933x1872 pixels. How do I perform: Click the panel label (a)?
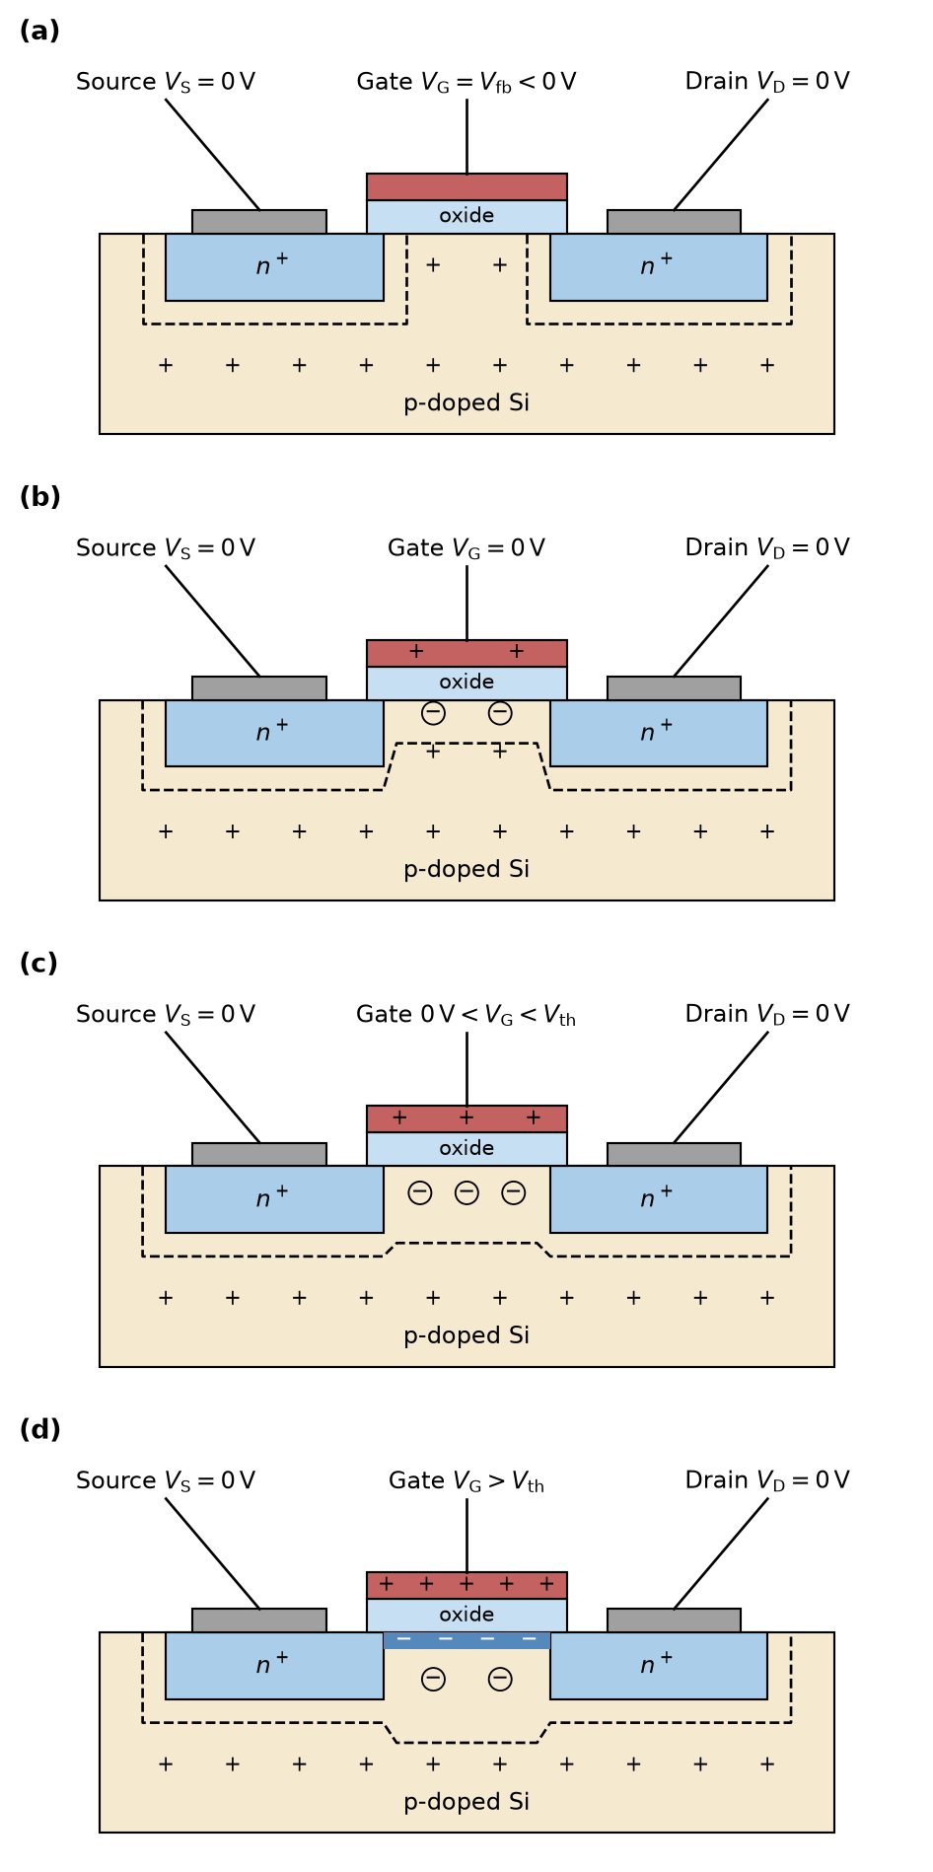(39, 32)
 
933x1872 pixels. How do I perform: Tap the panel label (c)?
(38, 964)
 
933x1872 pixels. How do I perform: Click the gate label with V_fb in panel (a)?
(466, 82)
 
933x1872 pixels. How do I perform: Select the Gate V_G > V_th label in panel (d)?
(466, 1481)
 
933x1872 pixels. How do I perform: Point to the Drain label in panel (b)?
(767, 548)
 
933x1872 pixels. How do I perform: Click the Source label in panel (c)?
(166, 1015)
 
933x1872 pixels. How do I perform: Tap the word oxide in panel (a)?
(466, 216)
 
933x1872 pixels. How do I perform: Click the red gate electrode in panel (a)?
(466, 187)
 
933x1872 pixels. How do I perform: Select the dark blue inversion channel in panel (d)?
(466, 1640)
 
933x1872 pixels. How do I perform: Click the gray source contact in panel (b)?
(259, 688)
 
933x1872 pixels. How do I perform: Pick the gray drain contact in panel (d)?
(674, 1620)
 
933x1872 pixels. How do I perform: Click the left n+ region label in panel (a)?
(272, 265)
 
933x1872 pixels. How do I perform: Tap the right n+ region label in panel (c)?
(657, 1197)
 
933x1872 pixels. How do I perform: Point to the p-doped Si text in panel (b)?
(466, 870)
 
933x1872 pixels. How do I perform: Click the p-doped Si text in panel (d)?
(466, 1803)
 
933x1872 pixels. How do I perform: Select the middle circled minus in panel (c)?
(466, 1192)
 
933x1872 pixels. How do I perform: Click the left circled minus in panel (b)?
(433, 713)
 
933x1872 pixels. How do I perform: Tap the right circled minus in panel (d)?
(500, 1679)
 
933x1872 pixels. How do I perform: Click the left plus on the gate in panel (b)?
(416, 652)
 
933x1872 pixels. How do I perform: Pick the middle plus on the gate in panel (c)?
(466, 1117)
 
